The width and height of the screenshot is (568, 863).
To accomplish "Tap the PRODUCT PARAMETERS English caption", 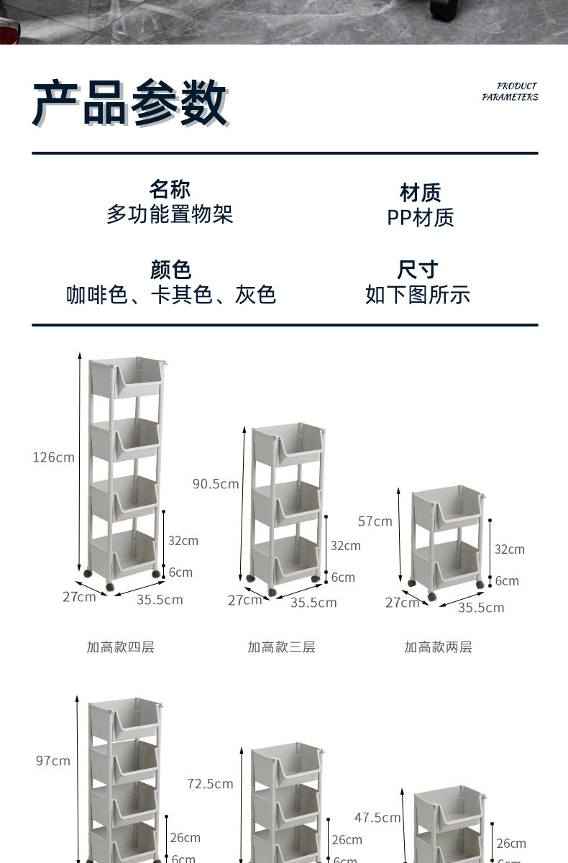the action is [x=510, y=91].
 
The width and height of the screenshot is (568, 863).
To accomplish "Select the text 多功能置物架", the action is [x=170, y=214].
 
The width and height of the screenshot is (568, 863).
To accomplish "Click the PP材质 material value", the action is [x=421, y=217].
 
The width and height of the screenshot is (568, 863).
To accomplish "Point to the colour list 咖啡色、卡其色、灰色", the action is [x=171, y=294].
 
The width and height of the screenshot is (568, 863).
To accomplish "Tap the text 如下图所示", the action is [x=418, y=294].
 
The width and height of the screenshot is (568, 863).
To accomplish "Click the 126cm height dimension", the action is [x=54, y=457].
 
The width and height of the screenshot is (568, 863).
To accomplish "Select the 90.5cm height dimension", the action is [x=216, y=484].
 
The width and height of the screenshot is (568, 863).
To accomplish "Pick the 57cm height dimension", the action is [x=375, y=521].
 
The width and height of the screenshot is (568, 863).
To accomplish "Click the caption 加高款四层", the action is [x=120, y=647].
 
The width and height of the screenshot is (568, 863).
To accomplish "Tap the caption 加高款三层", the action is [x=281, y=647].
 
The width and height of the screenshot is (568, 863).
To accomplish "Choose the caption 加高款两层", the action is [x=438, y=647].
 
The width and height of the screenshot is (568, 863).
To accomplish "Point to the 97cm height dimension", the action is [x=53, y=761].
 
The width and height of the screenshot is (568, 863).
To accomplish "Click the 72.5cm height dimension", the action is [x=210, y=784].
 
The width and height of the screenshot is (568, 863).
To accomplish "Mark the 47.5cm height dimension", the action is [x=377, y=818].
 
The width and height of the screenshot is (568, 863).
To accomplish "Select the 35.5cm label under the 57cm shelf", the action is [x=481, y=608].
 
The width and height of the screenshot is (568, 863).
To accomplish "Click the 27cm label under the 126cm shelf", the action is [x=79, y=597].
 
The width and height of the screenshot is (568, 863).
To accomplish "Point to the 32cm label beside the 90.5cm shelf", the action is [x=346, y=546].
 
